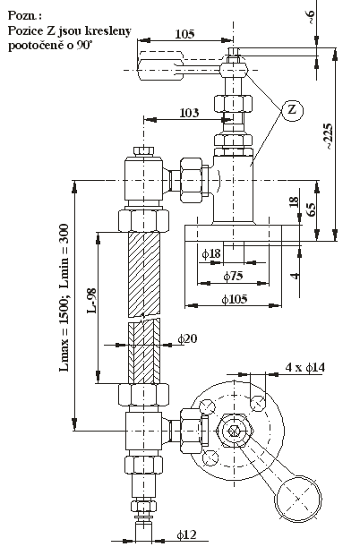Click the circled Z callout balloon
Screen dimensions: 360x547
(x=292, y=110)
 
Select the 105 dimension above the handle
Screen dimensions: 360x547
(x=184, y=34)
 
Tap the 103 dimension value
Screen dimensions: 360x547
(x=189, y=113)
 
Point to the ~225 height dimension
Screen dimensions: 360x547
(x=328, y=136)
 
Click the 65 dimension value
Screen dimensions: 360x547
(x=311, y=208)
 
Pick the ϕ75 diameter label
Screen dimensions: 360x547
(x=233, y=277)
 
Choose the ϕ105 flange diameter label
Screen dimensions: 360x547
(x=235, y=299)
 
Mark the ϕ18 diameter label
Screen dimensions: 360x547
(x=211, y=253)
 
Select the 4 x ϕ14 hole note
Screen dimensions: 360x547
(x=305, y=367)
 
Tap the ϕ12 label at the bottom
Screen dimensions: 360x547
(x=186, y=534)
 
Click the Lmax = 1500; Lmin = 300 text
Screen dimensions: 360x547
(x=64, y=297)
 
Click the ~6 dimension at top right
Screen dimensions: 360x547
(x=311, y=17)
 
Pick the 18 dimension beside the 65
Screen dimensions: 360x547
(x=294, y=202)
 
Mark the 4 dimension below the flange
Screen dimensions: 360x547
(x=296, y=276)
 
